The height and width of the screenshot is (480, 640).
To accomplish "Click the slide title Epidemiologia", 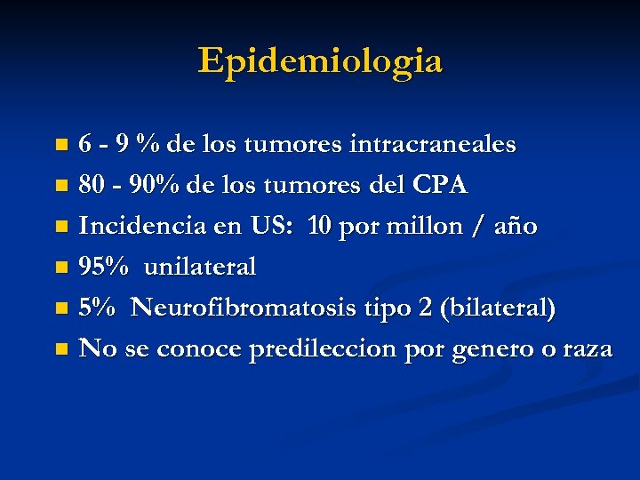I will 320,61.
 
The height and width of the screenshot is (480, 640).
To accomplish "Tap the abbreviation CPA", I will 440,185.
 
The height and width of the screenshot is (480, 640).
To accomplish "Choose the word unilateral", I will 200,267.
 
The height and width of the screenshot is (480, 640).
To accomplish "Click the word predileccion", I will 324,348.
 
